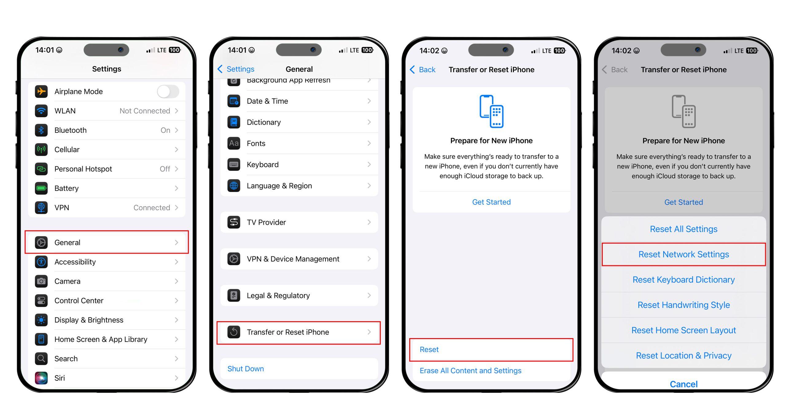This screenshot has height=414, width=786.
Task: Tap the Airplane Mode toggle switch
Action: [168, 92]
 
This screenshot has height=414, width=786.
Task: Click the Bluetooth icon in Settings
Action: [41, 130]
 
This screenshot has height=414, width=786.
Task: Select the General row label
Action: [67, 243]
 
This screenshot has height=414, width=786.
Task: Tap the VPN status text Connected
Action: [152, 208]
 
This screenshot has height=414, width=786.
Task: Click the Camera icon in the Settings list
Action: [41, 281]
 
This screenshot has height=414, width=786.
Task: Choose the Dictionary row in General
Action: [299, 122]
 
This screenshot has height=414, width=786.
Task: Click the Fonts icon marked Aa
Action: [234, 143]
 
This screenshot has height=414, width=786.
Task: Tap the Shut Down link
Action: [246, 369]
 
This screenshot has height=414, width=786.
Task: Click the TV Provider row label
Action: [266, 222]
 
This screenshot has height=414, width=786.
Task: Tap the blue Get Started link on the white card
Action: [491, 202]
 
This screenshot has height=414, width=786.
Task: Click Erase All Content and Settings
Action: [470, 371]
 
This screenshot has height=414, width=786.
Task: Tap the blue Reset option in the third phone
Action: [429, 350]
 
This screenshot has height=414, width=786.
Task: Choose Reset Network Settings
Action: [684, 254]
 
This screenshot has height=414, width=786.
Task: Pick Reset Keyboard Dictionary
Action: [684, 280]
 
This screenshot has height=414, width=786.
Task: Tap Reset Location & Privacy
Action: [684, 356]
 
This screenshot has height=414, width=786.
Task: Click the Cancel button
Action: [684, 384]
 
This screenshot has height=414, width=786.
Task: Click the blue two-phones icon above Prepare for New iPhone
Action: [492, 111]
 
